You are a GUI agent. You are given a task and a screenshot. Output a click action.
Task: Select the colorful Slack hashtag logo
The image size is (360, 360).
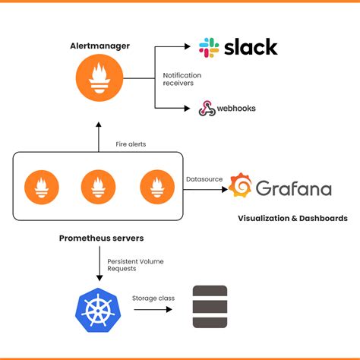tap(210, 48)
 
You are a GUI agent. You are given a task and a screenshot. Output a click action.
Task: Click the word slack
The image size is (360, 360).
tap(251, 47)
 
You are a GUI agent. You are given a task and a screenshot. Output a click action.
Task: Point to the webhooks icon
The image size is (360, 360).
tap(206, 109)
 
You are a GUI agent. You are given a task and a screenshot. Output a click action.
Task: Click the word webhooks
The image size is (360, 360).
tap(236, 109)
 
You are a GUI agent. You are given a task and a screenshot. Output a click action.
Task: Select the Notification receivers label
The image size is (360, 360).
tap(182, 79)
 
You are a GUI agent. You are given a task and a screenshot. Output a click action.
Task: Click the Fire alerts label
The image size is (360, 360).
tap(131, 144)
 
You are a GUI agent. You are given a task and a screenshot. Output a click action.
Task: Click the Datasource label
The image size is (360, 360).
tap(204, 179)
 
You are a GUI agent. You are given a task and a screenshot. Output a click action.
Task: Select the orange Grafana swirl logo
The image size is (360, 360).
tap(241, 186)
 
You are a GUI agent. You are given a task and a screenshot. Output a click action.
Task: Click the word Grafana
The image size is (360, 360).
tap(293, 187)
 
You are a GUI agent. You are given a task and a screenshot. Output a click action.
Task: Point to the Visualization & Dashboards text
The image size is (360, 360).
tap(292, 218)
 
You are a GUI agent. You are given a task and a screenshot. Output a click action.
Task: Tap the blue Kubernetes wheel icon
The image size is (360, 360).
tap(97, 310)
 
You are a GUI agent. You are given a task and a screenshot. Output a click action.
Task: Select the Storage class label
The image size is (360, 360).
tap(153, 298)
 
